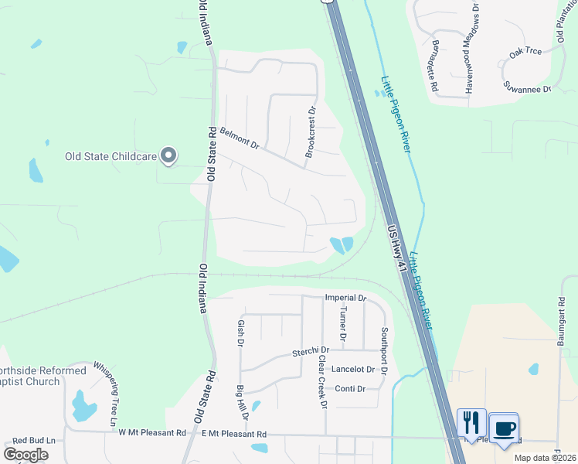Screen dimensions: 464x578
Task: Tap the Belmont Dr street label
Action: [x=239, y=139]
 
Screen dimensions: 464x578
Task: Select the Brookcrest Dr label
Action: [x=311, y=131]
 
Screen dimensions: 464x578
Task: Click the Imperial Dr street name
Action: [x=344, y=297]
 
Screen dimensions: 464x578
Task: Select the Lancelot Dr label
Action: [x=352, y=370]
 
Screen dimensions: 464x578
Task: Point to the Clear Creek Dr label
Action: [x=323, y=382]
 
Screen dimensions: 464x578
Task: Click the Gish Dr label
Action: [x=241, y=332]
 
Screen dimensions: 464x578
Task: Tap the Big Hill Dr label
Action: [x=242, y=401]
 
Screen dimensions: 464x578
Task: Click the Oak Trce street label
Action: [x=525, y=52]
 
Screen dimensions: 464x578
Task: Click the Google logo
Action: [x=26, y=454]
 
